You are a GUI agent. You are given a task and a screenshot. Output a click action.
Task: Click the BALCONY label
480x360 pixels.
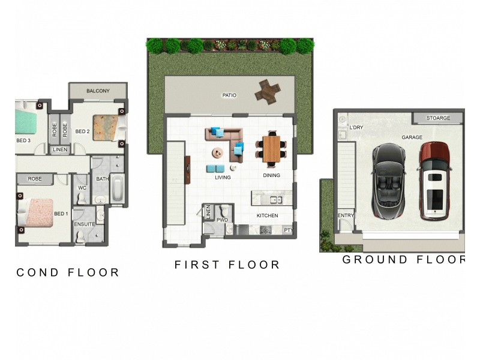[x=98, y=91]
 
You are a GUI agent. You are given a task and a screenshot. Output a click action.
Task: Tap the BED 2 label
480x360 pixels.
[x=82, y=131]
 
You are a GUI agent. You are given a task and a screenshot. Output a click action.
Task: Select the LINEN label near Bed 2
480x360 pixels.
[x=60, y=149]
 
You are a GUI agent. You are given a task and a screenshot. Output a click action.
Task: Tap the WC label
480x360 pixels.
[x=82, y=188]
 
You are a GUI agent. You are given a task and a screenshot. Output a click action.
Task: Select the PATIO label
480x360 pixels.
[x=229, y=95]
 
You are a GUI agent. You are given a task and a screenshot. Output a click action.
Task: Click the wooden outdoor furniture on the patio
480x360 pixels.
[x=267, y=91]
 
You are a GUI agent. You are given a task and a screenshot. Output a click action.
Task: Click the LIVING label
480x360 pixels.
[x=223, y=178]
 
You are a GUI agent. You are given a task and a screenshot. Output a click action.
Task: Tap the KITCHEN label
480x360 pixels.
[x=268, y=215]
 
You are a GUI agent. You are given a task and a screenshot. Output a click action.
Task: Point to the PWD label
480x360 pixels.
[x=223, y=220]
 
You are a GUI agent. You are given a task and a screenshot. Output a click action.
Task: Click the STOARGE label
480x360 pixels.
[x=438, y=118]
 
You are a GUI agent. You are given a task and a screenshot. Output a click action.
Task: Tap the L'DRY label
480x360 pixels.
[x=356, y=128]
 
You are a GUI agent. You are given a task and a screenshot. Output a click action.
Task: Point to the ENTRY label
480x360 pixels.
[x=346, y=216]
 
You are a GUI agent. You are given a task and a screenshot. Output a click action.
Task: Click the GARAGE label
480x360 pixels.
[x=412, y=137]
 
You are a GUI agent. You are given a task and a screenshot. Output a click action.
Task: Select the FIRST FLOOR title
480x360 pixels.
[x=227, y=265]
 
